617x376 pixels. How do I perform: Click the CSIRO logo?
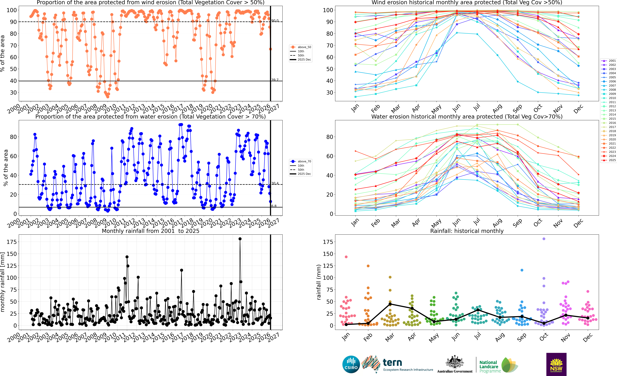pyautogui.click(x=351, y=364)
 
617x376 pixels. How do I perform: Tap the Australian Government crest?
pyautogui.click(x=454, y=362)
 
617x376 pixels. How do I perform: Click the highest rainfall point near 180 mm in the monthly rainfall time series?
pyautogui.click(x=240, y=239)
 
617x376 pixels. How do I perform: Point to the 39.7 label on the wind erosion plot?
pyautogui.click(x=275, y=80)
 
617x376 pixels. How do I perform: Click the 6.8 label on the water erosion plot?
pyautogui.click(x=274, y=206)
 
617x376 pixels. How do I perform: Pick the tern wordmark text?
pyautogui.click(x=392, y=362)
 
